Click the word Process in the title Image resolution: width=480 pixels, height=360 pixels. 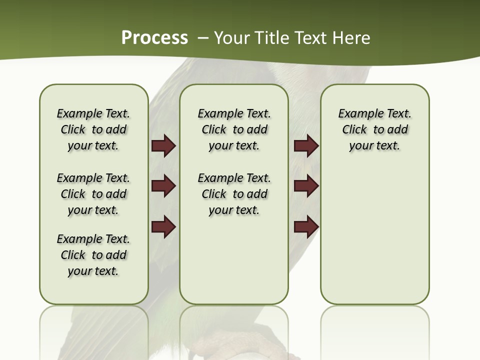[154, 38]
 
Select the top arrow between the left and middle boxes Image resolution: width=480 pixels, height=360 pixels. [163, 146]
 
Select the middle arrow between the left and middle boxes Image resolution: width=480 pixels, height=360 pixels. [163, 186]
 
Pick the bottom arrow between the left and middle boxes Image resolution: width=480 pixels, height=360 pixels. [163, 227]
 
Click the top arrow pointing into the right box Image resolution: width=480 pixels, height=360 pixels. [306, 146]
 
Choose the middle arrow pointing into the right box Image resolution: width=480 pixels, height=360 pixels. [306, 186]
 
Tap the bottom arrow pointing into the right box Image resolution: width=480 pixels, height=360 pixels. [306, 227]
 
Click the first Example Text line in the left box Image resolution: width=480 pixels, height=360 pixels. [93, 113]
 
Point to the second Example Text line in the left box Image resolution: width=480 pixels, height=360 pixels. [93, 178]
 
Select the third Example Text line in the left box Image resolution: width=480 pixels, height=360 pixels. [93, 239]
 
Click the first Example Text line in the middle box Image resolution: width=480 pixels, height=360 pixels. [234, 113]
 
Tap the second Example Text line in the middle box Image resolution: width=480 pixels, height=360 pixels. [234, 178]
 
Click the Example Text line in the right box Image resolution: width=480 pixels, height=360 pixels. [374, 113]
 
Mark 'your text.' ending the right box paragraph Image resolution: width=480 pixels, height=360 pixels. [374, 146]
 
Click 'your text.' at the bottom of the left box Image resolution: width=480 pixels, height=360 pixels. [93, 271]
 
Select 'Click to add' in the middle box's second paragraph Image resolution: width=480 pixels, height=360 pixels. [234, 194]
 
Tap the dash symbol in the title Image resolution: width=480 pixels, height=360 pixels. [203, 38]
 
